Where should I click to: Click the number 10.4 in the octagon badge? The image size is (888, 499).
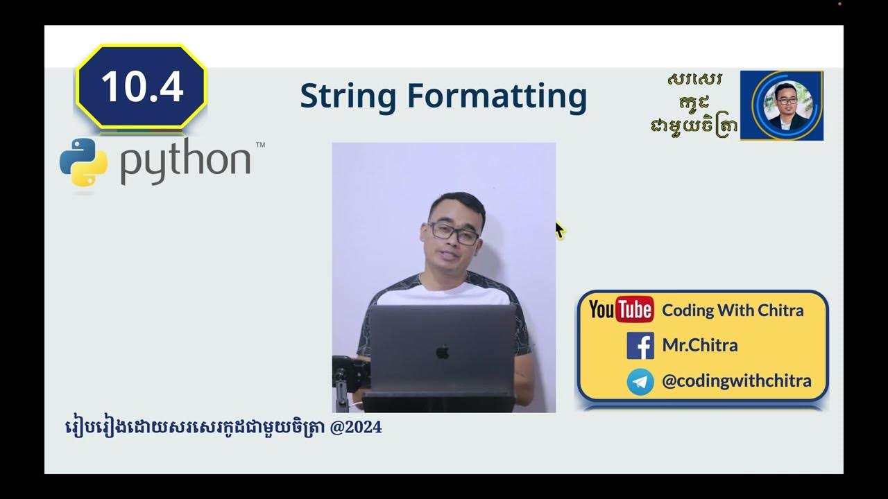(142, 87)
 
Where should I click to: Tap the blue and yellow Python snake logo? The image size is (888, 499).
(83, 161)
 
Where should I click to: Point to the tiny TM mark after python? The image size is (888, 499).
(260, 146)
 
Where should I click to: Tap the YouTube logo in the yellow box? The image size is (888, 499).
(621, 310)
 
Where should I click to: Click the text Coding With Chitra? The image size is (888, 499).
(733, 310)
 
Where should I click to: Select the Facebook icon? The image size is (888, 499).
(640, 345)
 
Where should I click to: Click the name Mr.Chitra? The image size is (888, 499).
(700, 345)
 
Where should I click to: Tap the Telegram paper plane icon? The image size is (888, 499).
(640, 381)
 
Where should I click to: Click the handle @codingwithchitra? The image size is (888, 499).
(736, 380)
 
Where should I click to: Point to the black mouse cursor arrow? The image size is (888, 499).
(559, 230)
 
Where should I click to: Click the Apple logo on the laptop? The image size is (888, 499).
(443, 352)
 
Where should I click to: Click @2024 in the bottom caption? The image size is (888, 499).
(356, 428)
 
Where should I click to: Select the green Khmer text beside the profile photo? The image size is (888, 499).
(694, 104)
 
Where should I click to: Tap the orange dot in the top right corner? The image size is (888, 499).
(839, 4)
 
